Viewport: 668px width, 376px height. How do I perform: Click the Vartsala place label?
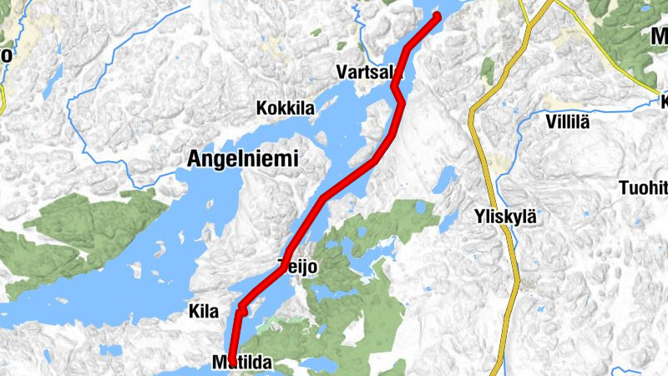click(x=367, y=73)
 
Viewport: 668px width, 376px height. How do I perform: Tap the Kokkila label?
click(x=286, y=109)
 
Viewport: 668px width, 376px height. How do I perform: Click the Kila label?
click(x=204, y=312)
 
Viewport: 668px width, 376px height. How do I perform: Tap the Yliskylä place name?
click(x=504, y=214)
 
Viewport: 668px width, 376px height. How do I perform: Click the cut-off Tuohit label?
click(x=644, y=186)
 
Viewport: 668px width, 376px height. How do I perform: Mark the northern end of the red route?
click(x=437, y=16)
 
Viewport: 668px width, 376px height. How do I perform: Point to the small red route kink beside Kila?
click(x=240, y=311)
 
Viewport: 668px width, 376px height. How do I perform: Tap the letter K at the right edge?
click(x=663, y=102)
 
